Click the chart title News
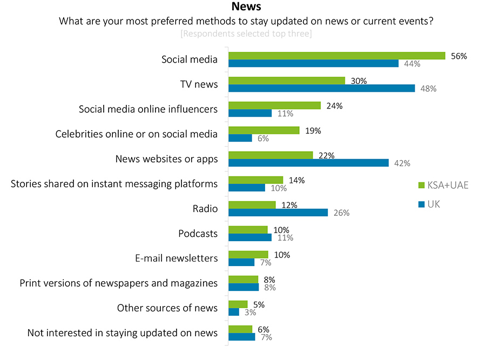coord(246,7)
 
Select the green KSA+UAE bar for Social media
coord(336,56)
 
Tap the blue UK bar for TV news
coord(321,88)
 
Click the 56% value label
coord(458,56)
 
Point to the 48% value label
coord(428,89)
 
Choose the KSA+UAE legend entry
coord(443,185)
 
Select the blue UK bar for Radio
coord(278,212)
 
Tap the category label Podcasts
coord(198,233)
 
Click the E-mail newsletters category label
coord(176,258)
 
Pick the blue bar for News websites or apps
coord(308,162)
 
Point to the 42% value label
coord(402,163)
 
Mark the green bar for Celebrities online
coord(264,130)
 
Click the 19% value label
coord(313,131)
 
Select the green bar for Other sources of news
coord(238,304)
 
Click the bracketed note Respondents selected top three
coord(246,34)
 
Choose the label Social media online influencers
coord(148,109)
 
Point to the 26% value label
coord(341,213)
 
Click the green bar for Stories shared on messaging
coord(255,180)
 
